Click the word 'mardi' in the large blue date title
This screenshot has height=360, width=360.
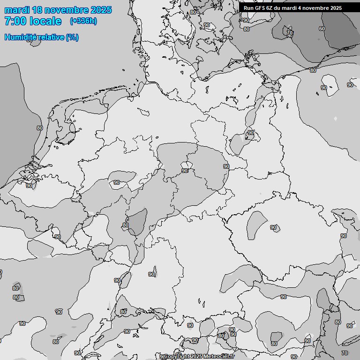click(x=18, y=10)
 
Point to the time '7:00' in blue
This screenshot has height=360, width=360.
click(x=14, y=21)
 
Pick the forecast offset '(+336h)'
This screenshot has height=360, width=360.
click(x=83, y=21)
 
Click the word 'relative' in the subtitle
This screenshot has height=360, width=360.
click(x=50, y=37)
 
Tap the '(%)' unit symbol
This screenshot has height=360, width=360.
click(x=72, y=37)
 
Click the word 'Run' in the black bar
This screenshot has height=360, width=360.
click(x=248, y=8)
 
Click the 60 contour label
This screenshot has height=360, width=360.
click(x=322, y=29)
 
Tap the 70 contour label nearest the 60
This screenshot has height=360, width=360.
click(x=290, y=33)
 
